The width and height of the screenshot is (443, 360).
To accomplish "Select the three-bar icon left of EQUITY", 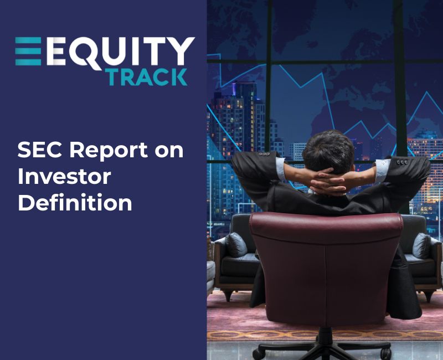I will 28,52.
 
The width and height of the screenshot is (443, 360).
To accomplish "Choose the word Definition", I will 75,203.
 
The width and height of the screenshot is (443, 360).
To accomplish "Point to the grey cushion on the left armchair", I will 236,244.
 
